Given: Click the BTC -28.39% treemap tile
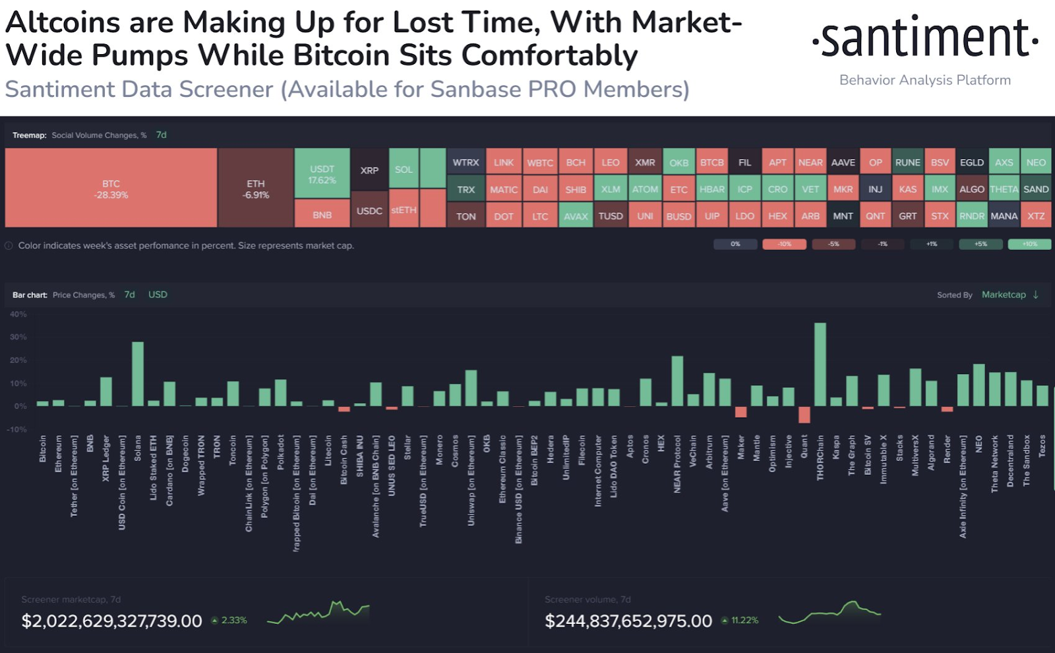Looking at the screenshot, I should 111,189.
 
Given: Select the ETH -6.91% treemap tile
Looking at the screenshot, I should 256,189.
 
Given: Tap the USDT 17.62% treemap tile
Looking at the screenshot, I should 322,173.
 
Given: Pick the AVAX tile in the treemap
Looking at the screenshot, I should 576,216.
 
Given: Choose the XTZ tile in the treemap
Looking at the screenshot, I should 1036,216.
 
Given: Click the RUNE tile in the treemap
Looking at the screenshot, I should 907,162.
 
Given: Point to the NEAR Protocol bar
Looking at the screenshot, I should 677,381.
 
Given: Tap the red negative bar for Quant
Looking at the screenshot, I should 804,414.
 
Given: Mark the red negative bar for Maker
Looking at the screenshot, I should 740,412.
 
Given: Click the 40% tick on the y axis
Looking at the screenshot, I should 18,314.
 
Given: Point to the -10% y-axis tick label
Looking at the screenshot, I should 17,429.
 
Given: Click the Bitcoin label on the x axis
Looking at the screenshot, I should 43,449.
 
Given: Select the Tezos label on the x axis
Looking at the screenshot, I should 1042,446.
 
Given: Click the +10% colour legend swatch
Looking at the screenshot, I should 1029,244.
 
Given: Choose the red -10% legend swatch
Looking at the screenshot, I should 784,244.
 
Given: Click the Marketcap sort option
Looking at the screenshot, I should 1004,295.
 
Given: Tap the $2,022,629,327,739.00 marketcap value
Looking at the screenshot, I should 111,621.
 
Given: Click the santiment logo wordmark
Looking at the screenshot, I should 925,38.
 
